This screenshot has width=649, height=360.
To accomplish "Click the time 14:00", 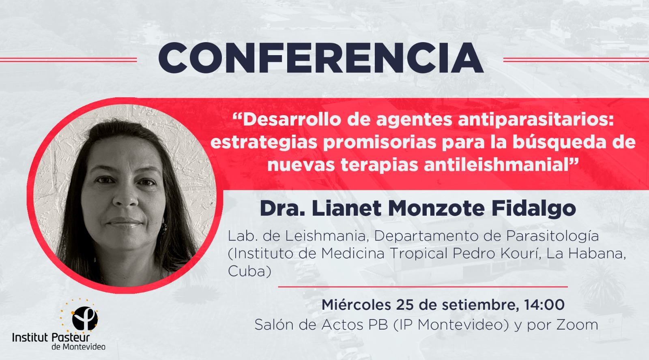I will [544, 304].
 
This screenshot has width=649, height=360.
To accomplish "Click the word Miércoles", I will [356, 304].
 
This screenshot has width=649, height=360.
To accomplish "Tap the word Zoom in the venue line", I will [577, 325].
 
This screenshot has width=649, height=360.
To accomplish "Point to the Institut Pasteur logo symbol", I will [84, 318].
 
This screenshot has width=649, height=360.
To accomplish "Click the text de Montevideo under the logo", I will [78, 347].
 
